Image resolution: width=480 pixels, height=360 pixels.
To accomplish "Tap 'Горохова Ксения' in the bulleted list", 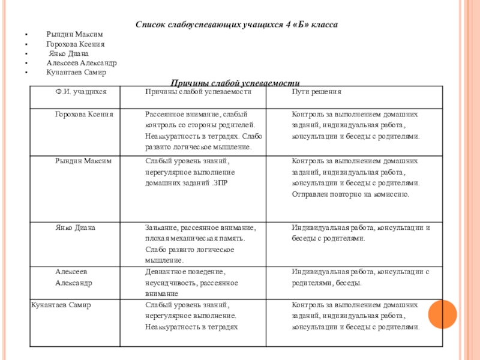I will (x=76, y=44).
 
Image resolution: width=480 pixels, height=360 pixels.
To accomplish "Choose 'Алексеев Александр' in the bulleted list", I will (x=82, y=62).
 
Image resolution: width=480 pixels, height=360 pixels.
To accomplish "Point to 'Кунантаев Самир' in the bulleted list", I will (x=76, y=72).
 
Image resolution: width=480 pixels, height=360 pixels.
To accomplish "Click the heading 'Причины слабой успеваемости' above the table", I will (x=235, y=82).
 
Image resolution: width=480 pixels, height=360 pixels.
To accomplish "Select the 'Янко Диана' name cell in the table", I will (x=76, y=227).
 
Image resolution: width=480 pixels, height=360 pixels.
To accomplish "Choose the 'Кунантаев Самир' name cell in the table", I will (x=61, y=305).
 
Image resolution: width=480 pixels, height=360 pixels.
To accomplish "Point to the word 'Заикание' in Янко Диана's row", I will (x=160, y=227).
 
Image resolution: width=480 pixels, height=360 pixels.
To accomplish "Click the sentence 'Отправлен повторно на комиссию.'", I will (x=350, y=194).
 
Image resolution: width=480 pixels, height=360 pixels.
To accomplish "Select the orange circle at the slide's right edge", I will (x=443, y=313).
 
